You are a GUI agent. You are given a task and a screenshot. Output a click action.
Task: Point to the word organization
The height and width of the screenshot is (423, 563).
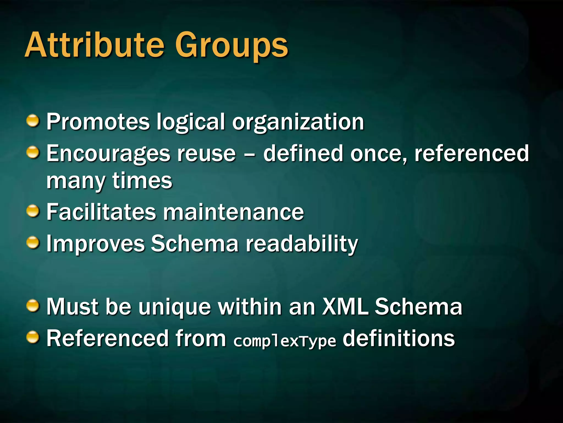(298, 123)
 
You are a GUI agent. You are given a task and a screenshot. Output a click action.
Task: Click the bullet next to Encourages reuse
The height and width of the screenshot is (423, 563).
(33, 153)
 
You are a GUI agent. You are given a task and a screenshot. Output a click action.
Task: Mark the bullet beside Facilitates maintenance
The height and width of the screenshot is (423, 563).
(33, 211)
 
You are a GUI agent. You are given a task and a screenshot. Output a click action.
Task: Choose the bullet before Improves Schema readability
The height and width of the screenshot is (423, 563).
(33, 243)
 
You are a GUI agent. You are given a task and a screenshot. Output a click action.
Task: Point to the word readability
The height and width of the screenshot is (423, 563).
(302, 244)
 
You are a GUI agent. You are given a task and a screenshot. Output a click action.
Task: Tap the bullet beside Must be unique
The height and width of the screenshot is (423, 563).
(33, 306)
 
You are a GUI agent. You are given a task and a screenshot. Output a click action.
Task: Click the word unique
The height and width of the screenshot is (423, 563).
(175, 307)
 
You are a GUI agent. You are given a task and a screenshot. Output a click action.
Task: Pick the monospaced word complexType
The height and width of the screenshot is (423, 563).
(285, 341)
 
